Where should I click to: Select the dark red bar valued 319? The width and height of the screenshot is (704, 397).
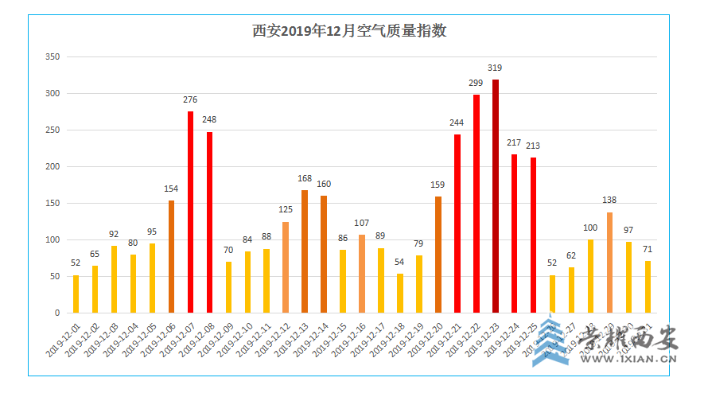pyautogui.click(x=496, y=196)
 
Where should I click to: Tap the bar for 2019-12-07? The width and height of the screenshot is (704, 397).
pyautogui.click(x=191, y=212)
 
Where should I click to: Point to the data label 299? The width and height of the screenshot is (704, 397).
pyautogui.click(x=476, y=83)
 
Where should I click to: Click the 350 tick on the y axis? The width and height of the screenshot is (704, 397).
pyautogui.click(x=53, y=57)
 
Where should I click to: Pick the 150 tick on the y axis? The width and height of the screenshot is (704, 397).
pyautogui.click(x=53, y=204)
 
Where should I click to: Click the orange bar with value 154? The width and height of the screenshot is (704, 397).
pyautogui.click(x=172, y=256)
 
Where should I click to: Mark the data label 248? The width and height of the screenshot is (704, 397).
pyautogui.click(x=209, y=120)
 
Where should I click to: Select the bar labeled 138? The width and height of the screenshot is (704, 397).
pyautogui.click(x=609, y=263)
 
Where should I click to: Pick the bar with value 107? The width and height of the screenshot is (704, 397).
pyautogui.click(x=362, y=274)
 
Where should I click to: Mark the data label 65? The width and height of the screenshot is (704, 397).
pyautogui.click(x=95, y=254)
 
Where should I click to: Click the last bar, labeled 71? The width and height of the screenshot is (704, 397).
pyautogui.click(x=648, y=286)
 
